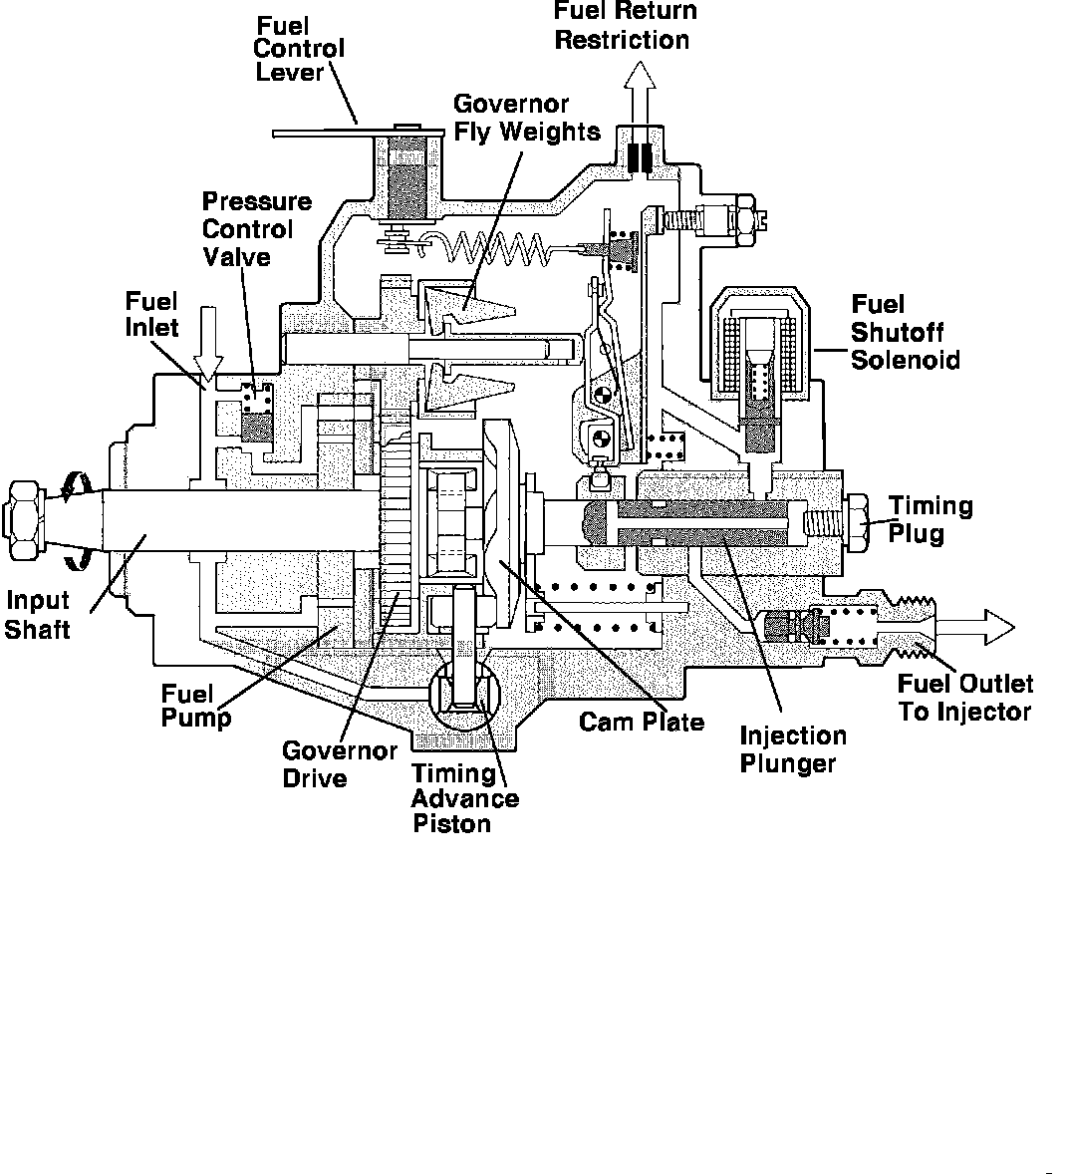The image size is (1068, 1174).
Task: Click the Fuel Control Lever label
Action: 300,48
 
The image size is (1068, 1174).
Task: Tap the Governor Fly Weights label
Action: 527,118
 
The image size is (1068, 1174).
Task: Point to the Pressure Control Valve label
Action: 256,229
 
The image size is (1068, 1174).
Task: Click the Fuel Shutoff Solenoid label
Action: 905,332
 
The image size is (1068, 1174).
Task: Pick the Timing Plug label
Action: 931,519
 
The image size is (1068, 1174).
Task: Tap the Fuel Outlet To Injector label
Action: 964,698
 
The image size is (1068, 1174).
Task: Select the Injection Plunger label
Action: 792,749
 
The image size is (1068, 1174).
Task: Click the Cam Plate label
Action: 641,722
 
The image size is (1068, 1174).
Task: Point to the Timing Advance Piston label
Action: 465,798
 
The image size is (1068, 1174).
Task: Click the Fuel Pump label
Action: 196,705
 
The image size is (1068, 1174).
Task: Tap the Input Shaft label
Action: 38,615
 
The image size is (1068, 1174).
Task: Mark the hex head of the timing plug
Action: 855,520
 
